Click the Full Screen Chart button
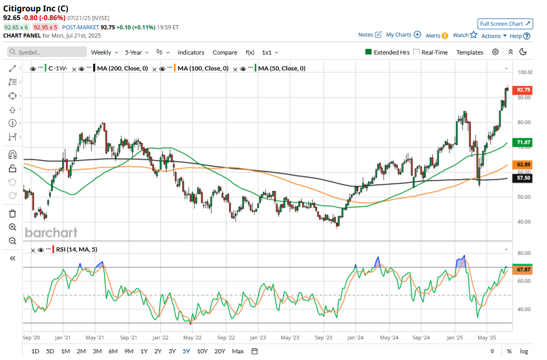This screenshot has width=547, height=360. click(505, 24)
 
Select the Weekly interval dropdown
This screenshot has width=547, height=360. click(104, 52)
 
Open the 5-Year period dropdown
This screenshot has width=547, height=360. click(137, 52)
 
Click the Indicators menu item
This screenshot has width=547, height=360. click(191, 52)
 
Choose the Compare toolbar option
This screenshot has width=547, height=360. click(225, 52)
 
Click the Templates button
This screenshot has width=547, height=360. click(469, 52)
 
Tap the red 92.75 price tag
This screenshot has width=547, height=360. click(523, 89)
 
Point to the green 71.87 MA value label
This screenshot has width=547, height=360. click(523, 142)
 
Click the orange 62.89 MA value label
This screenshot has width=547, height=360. click(523, 165)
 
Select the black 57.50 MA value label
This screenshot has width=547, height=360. click(523, 177)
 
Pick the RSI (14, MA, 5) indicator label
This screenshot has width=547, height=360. click(76, 249)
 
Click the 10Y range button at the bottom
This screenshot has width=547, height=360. click(202, 351)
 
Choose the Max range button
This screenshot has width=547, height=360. click(238, 351)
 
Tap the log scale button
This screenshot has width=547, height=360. click(524, 351)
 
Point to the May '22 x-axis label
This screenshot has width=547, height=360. click(192, 338)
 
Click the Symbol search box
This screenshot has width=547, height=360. click(47, 52)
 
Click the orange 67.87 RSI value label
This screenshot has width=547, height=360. click(523, 269)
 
